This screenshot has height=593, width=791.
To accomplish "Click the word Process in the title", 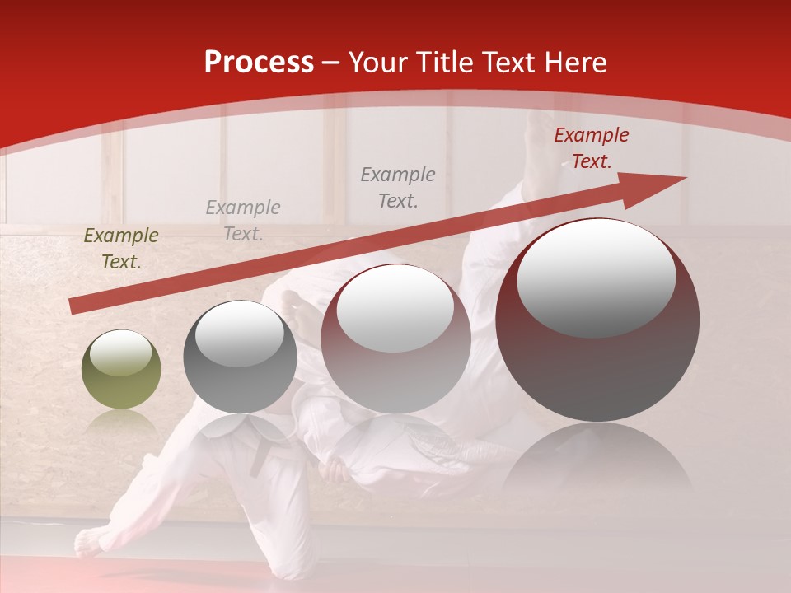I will (259, 63).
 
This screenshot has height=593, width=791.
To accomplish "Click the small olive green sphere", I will (121, 370).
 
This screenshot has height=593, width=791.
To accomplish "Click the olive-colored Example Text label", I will (121, 249).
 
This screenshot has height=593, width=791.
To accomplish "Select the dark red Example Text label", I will (591, 148).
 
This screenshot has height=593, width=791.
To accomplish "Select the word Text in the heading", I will (512, 63).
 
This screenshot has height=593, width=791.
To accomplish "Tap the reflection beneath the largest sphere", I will (597, 461).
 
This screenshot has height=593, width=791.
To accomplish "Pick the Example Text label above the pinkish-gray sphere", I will (398, 187).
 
